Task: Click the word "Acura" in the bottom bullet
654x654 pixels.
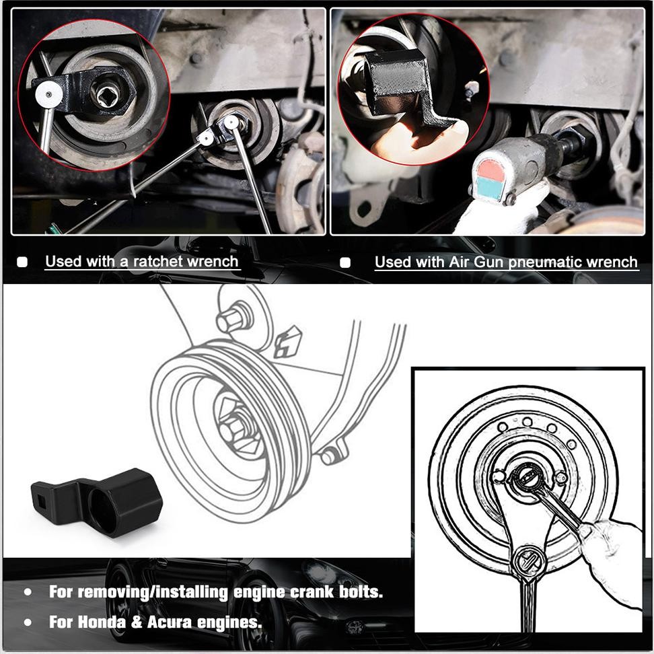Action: point(174,622)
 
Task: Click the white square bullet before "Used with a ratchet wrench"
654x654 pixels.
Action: point(22,262)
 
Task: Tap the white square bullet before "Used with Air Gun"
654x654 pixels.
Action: point(345,262)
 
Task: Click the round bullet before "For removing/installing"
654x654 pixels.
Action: point(28,593)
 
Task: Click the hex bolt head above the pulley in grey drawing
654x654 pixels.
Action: point(232,320)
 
